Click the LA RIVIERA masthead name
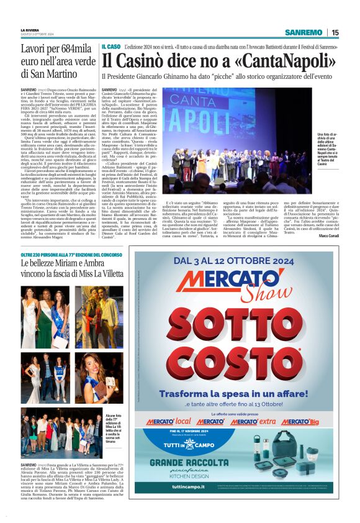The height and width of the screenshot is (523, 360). [29, 29]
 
